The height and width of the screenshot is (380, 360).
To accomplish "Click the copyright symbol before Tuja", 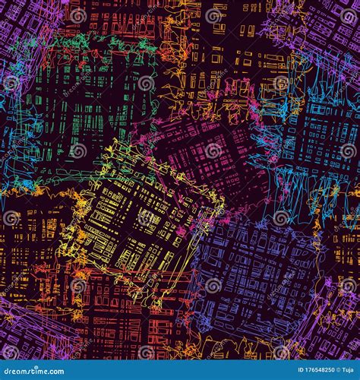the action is tap(326, 372).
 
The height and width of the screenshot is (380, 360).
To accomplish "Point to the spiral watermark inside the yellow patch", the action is tap(145, 219).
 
